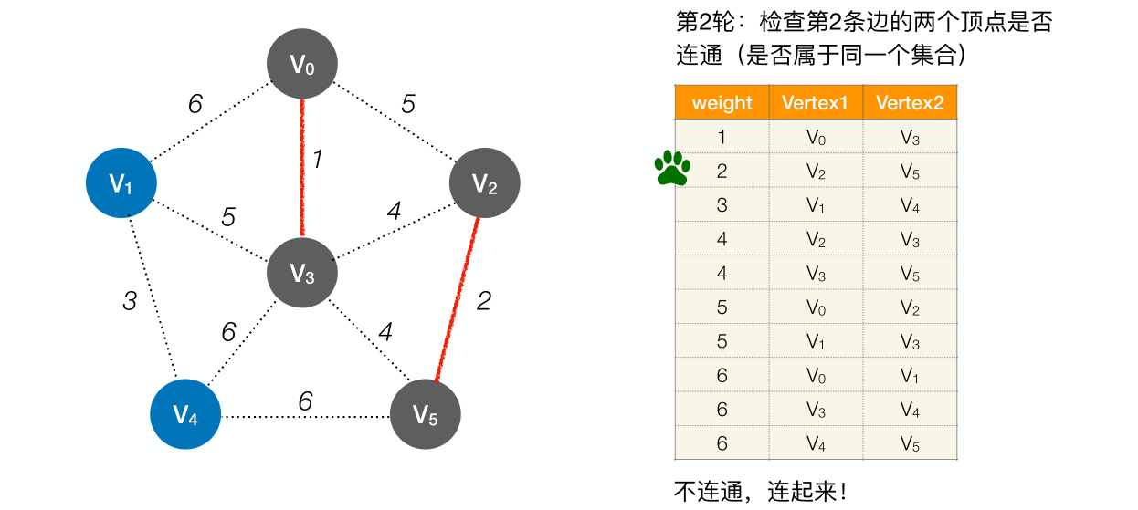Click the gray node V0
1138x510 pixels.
tap(302, 64)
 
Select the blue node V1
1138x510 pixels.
tap(121, 183)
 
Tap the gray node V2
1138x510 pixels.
tap(485, 183)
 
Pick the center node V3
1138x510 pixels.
tap(302, 273)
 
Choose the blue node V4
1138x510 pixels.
tap(186, 417)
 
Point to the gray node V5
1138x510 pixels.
tap(426, 415)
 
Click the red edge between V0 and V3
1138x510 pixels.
tap(302, 169)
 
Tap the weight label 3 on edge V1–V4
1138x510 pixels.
tap(130, 300)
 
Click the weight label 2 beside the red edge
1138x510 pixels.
tap(485, 300)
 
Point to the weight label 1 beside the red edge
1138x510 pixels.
tap(317, 160)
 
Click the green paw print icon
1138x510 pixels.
tap(672, 168)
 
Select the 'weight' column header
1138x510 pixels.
tap(722, 102)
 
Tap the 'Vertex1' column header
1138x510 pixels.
tap(816, 102)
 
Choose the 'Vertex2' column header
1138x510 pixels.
tap(910, 102)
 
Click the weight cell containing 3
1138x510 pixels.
tap(722, 204)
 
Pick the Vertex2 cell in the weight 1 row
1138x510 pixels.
tap(910, 137)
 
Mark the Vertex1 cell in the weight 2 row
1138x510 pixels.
tap(816, 171)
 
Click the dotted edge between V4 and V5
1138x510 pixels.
tap(306, 418)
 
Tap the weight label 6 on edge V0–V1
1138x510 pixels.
tap(195, 104)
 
